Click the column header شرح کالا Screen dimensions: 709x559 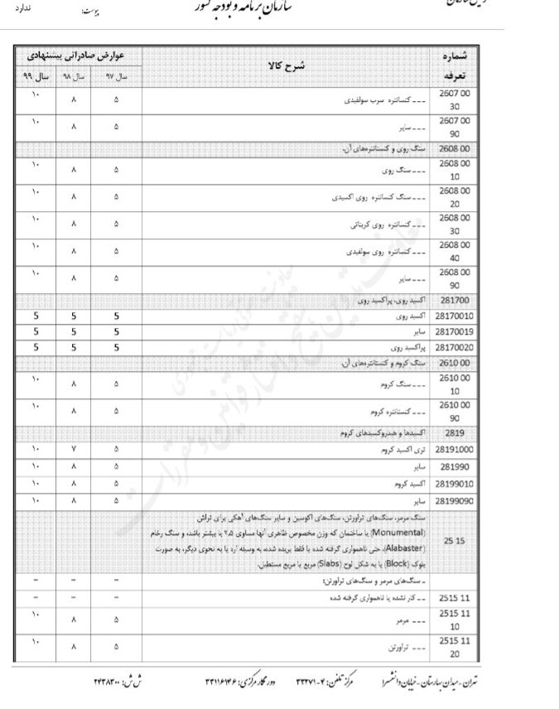click(x=287, y=65)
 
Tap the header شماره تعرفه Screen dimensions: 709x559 click(x=454, y=65)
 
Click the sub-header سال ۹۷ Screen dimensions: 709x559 click(x=116, y=75)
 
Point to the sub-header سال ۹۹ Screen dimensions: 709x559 click(x=36, y=75)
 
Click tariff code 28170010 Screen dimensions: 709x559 click(x=454, y=316)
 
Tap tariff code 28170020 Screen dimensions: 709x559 click(x=454, y=347)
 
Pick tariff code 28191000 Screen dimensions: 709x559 click(x=454, y=450)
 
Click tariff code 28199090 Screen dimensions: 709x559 click(x=454, y=500)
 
